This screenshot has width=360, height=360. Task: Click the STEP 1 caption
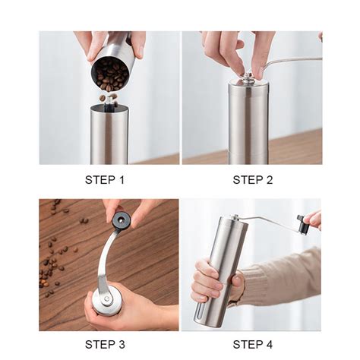(x=105, y=180)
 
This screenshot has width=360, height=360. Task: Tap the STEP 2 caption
(x=253, y=180)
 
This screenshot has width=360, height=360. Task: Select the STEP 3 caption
(x=105, y=345)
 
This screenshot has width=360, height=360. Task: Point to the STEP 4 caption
(x=253, y=345)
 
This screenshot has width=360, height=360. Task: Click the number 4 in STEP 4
(x=269, y=345)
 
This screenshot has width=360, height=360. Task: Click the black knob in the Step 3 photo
(x=118, y=219)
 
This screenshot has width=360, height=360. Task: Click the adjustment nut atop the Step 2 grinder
(x=248, y=77)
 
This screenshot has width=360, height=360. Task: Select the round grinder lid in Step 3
(x=106, y=300)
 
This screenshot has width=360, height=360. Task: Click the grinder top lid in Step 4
(x=233, y=221)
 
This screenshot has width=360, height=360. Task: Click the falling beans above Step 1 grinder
(x=109, y=98)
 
